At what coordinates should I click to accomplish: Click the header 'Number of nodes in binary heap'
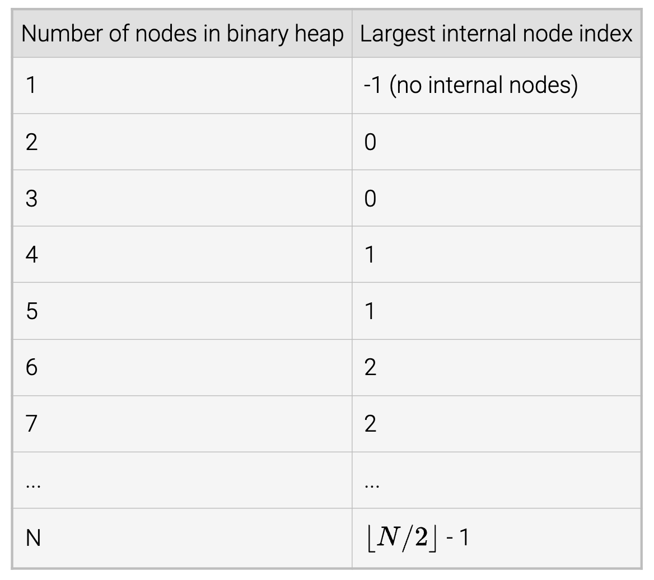182,34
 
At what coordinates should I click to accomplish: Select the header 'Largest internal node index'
496,34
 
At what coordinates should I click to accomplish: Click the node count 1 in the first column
31,86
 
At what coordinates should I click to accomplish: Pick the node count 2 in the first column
32,142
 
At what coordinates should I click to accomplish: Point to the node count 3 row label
32,199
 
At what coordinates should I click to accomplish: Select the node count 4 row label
32,255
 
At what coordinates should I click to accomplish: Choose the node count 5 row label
32,311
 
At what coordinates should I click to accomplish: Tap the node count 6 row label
32,368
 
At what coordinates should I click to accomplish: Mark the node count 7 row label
32,424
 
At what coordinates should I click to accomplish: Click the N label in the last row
33,538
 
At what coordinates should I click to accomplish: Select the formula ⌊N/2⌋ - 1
418,538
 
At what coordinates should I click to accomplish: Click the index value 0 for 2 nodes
370,142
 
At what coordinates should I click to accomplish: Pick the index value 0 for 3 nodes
370,199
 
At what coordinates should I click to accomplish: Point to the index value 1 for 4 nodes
370,255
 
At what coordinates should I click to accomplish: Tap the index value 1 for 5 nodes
370,311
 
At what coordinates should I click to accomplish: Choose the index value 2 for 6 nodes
370,368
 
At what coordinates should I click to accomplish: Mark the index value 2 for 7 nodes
370,424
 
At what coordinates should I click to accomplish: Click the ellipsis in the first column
33,485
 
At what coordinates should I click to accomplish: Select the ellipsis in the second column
371,485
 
